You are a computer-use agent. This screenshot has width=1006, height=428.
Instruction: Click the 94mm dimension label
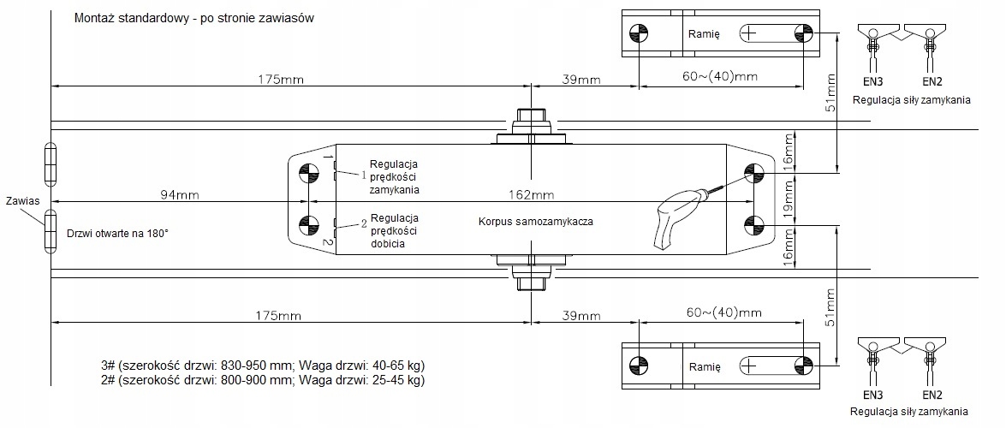point(179,194)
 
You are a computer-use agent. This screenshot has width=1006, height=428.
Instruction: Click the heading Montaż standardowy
point(190,18)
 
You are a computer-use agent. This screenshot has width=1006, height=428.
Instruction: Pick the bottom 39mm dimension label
point(581,314)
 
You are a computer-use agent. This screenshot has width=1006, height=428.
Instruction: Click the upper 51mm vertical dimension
point(829,98)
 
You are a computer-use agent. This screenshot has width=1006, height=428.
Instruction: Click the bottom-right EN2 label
point(932,395)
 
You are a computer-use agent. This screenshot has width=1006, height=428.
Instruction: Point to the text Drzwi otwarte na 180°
point(117,232)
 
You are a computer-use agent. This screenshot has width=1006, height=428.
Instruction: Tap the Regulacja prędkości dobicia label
point(394,231)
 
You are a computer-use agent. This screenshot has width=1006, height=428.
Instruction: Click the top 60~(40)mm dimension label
point(720,77)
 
